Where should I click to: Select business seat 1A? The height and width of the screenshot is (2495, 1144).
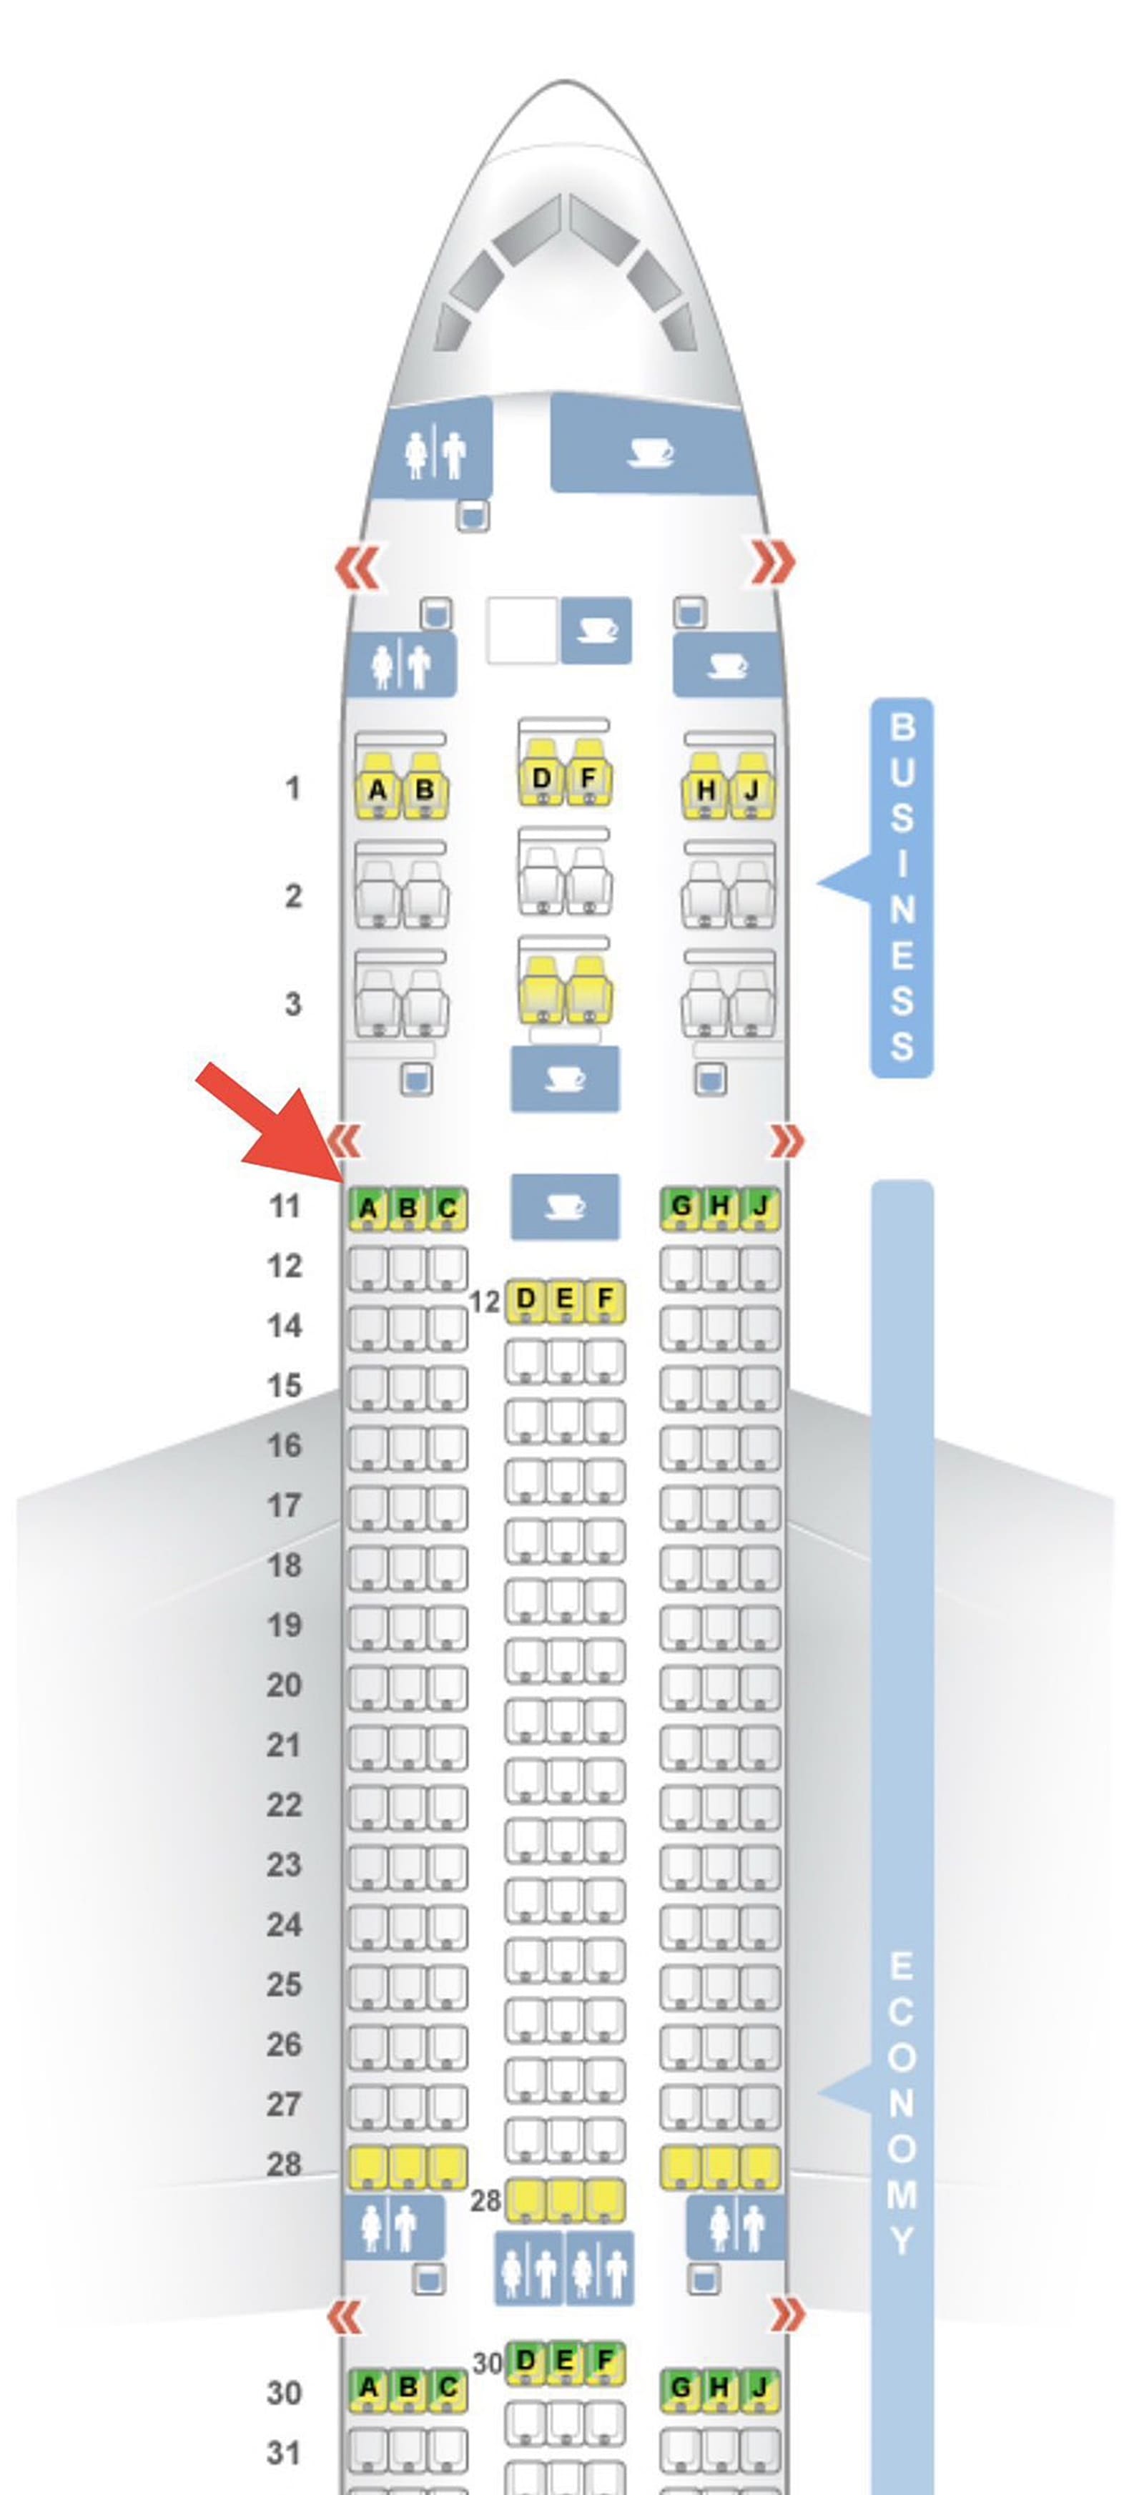tap(377, 790)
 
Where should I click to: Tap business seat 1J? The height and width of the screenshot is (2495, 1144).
tap(751, 790)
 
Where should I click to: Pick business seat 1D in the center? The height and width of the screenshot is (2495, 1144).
tap(541, 779)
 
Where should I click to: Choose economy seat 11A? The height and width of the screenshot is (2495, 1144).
tap(367, 1209)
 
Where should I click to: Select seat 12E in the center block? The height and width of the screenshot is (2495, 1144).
tap(565, 1299)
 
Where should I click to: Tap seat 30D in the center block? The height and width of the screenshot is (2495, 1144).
tap(525, 2361)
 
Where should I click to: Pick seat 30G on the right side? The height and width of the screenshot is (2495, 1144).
tap(681, 2388)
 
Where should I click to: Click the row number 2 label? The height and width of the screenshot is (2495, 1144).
tap(292, 896)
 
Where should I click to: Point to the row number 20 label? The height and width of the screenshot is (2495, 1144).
tap(284, 1686)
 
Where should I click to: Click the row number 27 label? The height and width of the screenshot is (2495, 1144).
tap(284, 2104)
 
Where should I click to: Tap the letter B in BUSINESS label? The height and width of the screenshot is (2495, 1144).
tap(902, 727)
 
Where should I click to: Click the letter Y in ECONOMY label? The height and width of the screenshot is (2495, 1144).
tap(902, 2239)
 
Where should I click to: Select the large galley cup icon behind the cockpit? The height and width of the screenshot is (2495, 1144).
tap(650, 451)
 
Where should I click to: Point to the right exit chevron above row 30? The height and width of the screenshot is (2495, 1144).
tap(786, 2315)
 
